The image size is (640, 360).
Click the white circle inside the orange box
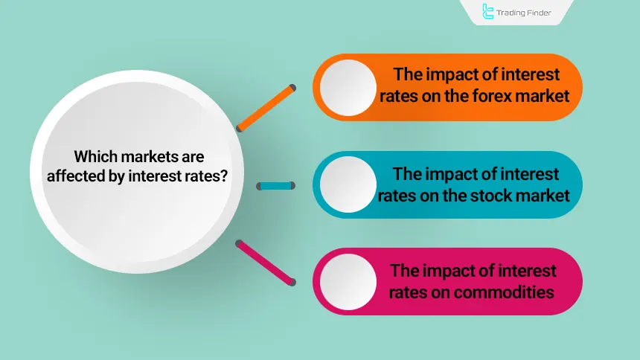(x=348, y=86)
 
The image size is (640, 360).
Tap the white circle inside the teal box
(x=348, y=184)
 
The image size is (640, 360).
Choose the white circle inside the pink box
(x=348, y=282)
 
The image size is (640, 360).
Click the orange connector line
(x=265, y=108)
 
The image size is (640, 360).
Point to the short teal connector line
(x=276, y=186)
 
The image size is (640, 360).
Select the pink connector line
(x=265, y=262)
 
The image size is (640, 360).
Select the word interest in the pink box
(x=529, y=271)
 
